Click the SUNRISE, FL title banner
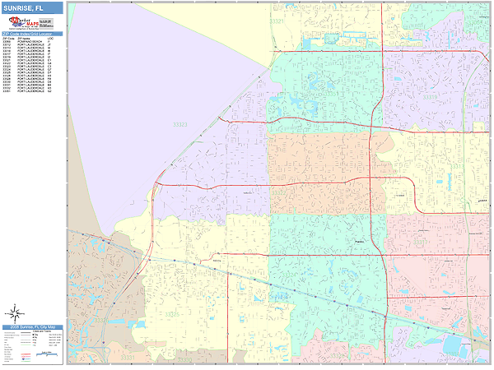point(31,8)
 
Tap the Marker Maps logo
point(32,22)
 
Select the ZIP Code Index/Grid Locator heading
point(32,33)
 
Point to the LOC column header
point(50,38)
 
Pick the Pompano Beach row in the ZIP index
point(29,42)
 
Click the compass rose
point(16,312)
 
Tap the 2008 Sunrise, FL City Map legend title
point(32,327)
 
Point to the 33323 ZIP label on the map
point(180,124)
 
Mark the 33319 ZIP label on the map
point(430,97)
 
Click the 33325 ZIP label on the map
point(170,313)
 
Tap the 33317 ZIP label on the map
point(421,243)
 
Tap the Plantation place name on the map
point(358,241)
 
